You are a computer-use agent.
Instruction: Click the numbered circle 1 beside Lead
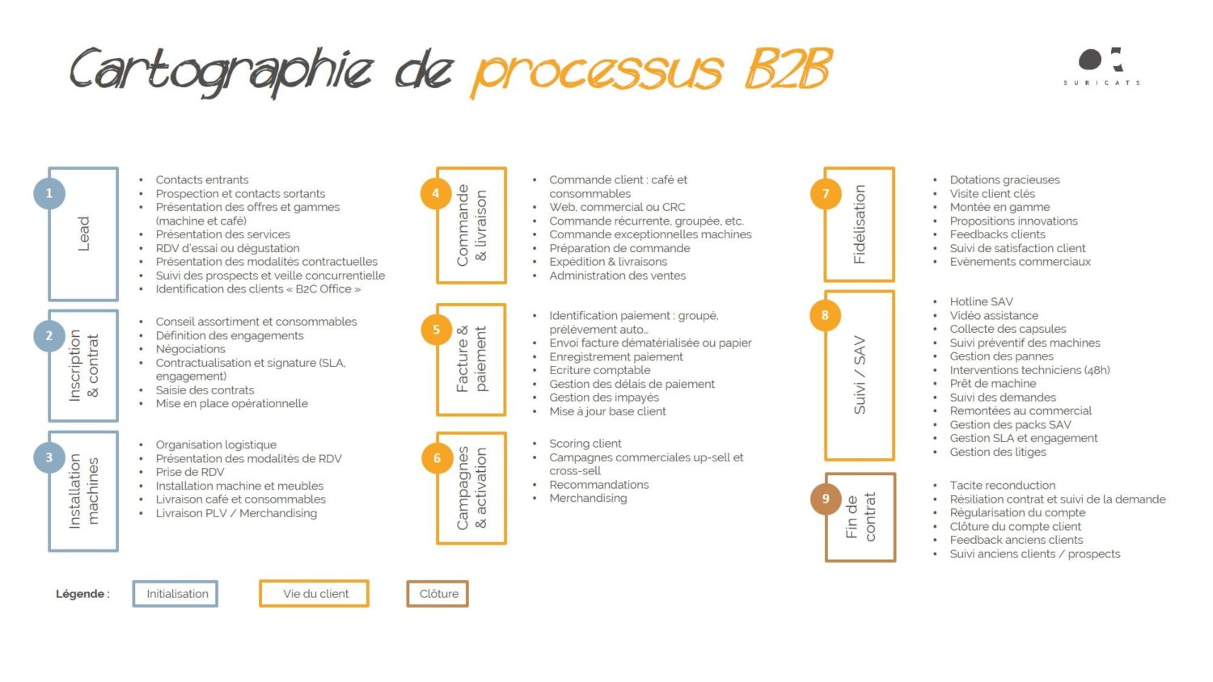point(49,193)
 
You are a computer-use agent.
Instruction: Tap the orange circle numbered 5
point(437,330)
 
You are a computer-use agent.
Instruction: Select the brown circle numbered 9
point(826,499)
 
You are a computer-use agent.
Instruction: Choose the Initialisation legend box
point(175,594)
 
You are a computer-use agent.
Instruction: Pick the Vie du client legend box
point(314,594)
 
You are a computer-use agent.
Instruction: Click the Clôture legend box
point(437,594)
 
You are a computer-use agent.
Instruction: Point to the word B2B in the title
point(788,69)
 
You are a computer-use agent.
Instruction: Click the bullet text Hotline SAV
point(981,301)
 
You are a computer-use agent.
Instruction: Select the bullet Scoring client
point(585,444)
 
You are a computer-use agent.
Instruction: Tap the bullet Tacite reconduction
point(1003,485)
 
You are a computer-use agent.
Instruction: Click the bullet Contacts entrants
point(202,179)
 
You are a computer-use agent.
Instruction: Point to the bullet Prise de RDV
point(189,472)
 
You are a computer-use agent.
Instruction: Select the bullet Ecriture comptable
point(599,370)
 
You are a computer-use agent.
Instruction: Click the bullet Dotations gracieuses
point(1004,179)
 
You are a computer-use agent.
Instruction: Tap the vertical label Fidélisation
point(860,224)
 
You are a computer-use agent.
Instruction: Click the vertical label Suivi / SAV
point(860,375)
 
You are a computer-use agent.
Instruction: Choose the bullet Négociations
point(190,349)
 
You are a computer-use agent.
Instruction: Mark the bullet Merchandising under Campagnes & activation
point(588,498)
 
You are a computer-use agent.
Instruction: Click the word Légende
point(80,594)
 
